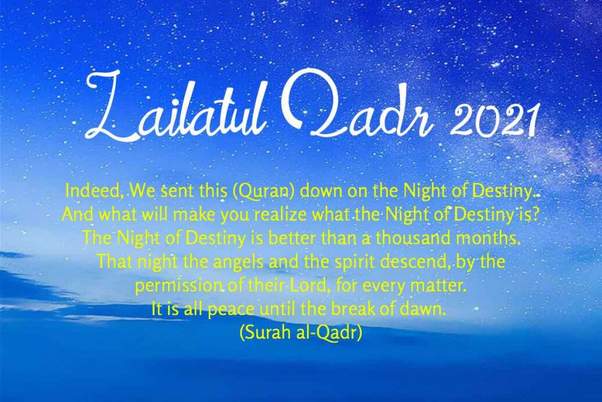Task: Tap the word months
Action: tap(489, 238)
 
